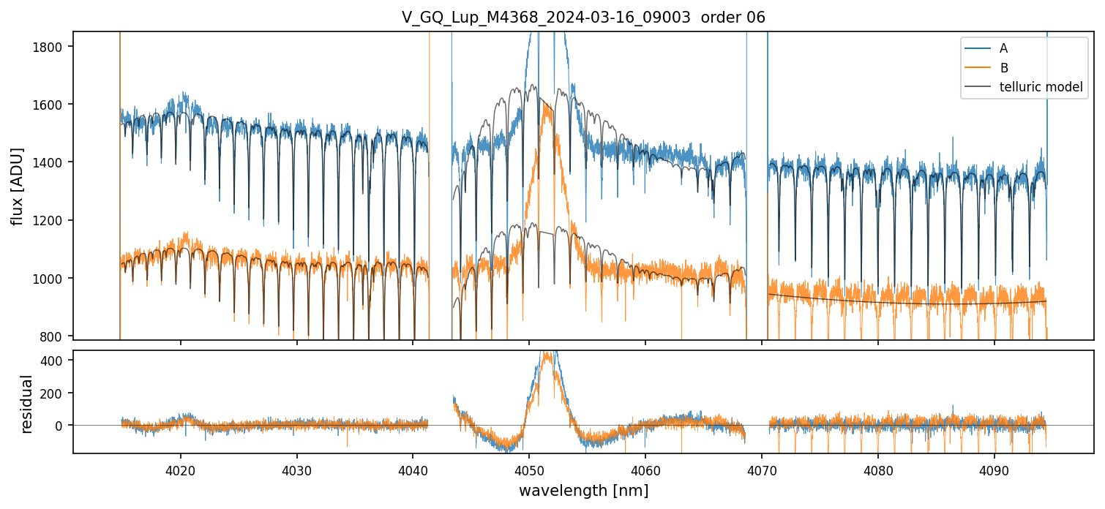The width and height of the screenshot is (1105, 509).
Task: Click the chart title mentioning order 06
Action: tap(583, 18)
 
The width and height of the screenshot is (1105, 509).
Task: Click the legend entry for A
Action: tap(1003, 48)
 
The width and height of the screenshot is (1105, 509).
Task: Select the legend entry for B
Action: tap(1003, 68)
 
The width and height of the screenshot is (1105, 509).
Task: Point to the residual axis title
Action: tap(27, 404)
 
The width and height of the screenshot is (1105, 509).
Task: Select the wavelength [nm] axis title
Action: tap(583, 491)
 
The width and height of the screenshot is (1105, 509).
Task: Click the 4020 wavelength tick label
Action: tap(180, 469)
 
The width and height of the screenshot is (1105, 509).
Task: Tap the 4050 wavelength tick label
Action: tap(529, 469)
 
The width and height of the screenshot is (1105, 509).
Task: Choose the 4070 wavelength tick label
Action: tap(762, 469)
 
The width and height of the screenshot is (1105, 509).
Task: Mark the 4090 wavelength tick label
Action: tap(994, 469)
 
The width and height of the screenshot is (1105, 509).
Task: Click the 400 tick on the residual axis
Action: tap(57, 361)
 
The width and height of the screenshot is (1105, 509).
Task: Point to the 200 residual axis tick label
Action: tap(57, 393)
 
